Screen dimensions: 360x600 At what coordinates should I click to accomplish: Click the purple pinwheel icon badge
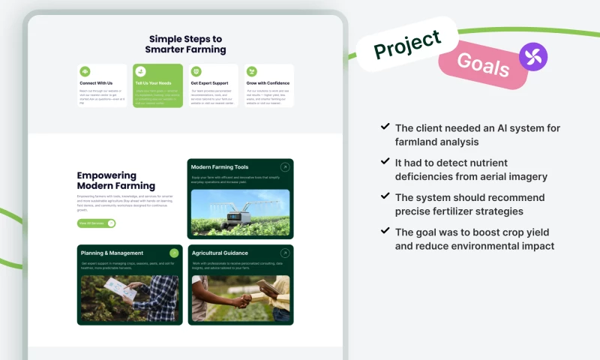click(533, 57)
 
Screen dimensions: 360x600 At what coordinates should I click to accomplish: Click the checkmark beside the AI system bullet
click(385, 127)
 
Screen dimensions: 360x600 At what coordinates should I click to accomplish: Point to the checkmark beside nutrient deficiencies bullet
click(385, 162)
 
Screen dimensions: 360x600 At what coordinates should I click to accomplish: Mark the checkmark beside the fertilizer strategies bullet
click(385, 196)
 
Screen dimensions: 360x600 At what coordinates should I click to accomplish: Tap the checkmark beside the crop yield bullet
click(385, 232)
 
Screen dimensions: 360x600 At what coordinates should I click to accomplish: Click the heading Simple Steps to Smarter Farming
click(185, 44)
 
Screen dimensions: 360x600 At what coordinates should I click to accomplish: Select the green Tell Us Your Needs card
click(157, 85)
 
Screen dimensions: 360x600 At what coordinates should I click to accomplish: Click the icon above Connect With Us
click(85, 71)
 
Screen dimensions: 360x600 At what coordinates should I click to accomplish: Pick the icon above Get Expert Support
click(196, 71)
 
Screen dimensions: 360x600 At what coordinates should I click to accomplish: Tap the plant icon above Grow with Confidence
click(251, 71)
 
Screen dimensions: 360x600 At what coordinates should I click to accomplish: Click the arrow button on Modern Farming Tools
click(284, 167)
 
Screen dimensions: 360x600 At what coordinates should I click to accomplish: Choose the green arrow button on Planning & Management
click(174, 253)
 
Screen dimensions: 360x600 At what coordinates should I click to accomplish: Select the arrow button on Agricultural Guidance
click(284, 253)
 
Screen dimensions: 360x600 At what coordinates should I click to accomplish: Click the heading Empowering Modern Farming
click(116, 181)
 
